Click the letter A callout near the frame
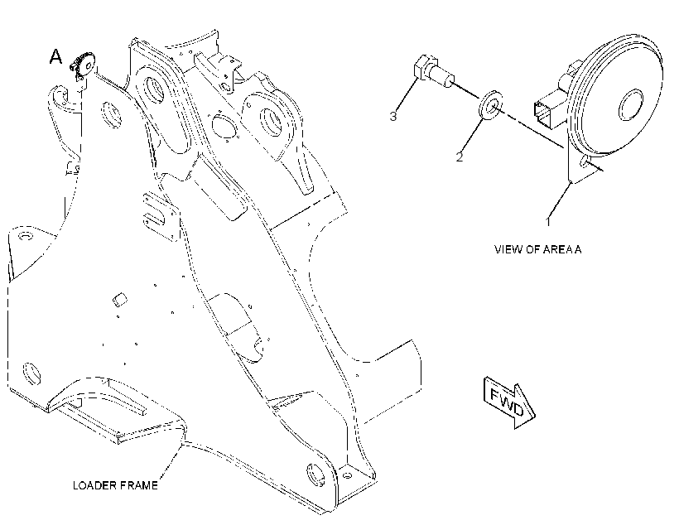[x=55, y=57]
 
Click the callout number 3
[x=392, y=116]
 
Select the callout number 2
[x=460, y=157]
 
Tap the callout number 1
[x=548, y=221]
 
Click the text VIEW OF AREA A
[x=538, y=249]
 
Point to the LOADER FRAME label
[x=115, y=485]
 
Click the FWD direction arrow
[x=509, y=402]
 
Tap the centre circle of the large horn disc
[x=630, y=105]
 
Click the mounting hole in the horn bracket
[x=585, y=161]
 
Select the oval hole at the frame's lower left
[x=31, y=373]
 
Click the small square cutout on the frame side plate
[x=119, y=299]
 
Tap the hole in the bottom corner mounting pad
[x=347, y=475]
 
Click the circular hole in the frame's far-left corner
[x=26, y=237]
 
